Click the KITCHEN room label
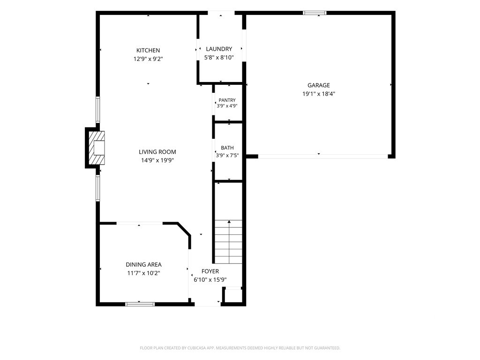point(148,51)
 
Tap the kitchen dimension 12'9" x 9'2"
point(148,59)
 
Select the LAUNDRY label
point(219,49)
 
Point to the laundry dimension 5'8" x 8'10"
point(219,57)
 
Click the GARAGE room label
point(319,85)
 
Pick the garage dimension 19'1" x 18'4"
point(319,94)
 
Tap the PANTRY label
point(227,100)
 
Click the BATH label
point(227,148)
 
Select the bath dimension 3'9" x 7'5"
point(227,156)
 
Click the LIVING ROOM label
point(157,152)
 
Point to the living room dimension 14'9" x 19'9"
point(157,160)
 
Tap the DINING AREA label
point(143,265)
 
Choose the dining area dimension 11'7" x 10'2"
point(143,273)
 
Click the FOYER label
point(210,271)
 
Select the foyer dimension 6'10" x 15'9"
point(210,279)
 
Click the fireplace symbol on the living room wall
point(97,148)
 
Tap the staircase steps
point(228,242)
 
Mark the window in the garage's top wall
point(315,13)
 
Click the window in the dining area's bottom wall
point(140,304)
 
